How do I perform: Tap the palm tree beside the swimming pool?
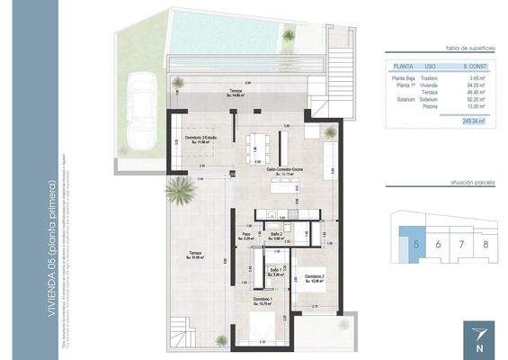pyautogui.click(x=289, y=36)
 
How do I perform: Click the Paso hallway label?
pyautogui.click(x=246, y=236)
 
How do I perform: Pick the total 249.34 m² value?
pyautogui.click(x=472, y=121)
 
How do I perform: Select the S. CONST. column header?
pyautogui.click(x=473, y=66)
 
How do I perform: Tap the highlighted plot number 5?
pyautogui.click(x=415, y=244)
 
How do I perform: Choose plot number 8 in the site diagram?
pyautogui.click(x=485, y=244)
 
